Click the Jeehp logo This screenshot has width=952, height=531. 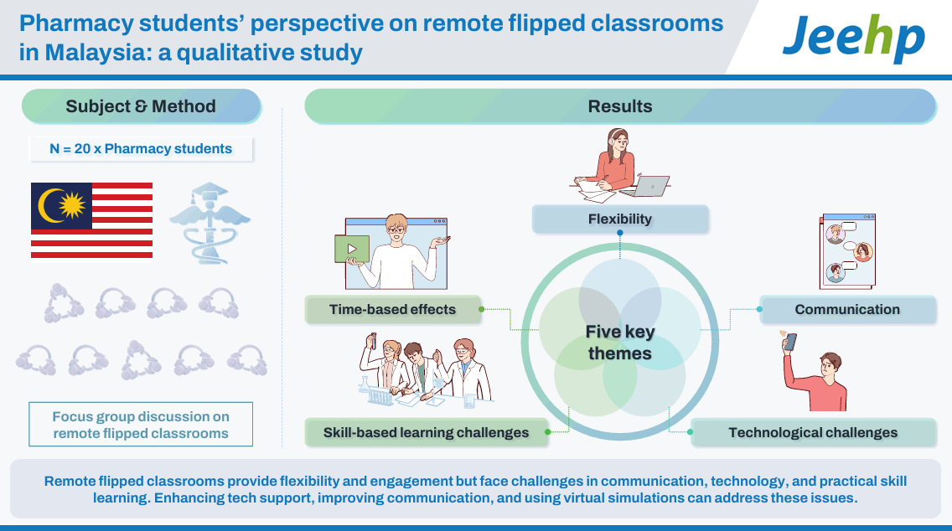(x=853, y=38)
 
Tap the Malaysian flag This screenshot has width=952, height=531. (x=91, y=220)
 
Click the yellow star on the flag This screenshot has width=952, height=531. (x=72, y=205)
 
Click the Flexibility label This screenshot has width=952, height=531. (x=620, y=219)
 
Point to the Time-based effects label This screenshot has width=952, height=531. (x=393, y=310)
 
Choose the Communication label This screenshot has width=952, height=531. (x=847, y=310)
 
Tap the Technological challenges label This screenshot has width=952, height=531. (x=813, y=433)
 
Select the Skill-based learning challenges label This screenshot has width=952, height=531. (x=427, y=433)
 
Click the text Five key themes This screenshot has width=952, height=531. (x=620, y=343)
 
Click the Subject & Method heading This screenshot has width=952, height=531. (x=141, y=106)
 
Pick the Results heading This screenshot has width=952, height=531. (x=620, y=106)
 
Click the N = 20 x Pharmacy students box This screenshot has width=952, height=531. (x=141, y=149)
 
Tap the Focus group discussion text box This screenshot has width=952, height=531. (x=141, y=424)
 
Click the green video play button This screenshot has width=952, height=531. (x=352, y=249)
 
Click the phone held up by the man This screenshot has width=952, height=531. (x=790, y=343)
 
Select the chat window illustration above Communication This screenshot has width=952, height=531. (x=847, y=251)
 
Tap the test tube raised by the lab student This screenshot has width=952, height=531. (x=374, y=340)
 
